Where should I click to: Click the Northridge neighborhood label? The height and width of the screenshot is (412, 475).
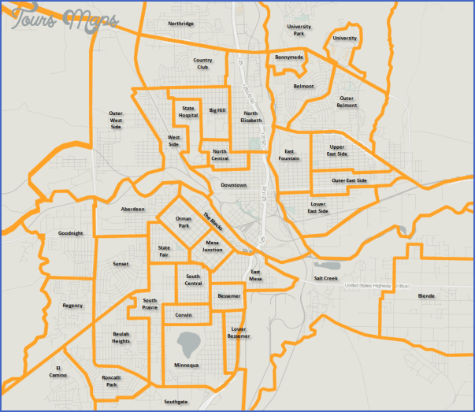click(180, 24)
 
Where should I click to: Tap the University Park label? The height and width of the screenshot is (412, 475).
click(299, 30)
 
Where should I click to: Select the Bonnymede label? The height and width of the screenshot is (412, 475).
click(289, 58)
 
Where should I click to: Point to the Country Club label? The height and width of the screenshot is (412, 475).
click(202, 63)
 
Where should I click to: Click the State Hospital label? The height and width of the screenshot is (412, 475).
click(188, 112)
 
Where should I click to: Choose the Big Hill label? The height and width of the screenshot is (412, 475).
click(217, 110)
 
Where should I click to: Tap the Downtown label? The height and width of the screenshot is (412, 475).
click(233, 185)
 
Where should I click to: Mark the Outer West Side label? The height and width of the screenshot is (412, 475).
click(116, 120)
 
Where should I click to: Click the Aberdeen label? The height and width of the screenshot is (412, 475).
click(132, 209)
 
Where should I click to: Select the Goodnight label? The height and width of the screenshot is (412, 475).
click(70, 233)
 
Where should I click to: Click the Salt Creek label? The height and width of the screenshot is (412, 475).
click(325, 278)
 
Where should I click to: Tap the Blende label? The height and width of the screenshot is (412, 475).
click(426, 296)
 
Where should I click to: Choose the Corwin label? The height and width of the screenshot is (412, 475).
click(184, 315)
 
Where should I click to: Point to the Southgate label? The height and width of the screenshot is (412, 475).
click(176, 401)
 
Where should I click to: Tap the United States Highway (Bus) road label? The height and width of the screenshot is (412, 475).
click(378, 285)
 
